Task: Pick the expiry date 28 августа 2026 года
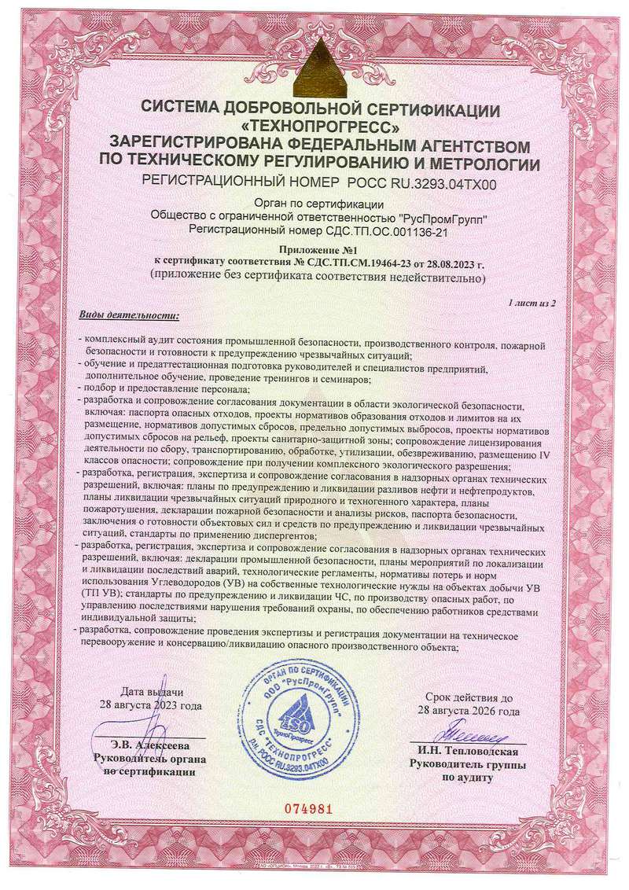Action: [472, 711]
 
